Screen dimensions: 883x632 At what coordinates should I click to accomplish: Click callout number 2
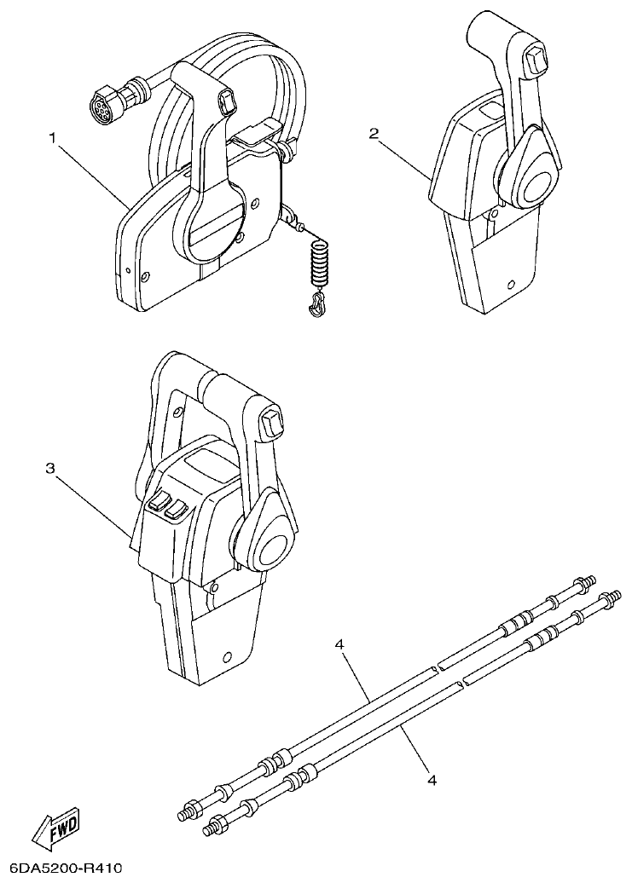[374, 133]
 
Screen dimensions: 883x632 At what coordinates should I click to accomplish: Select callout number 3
[50, 468]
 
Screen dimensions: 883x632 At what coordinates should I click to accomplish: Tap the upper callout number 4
[339, 645]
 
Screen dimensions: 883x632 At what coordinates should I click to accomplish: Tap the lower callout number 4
[432, 779]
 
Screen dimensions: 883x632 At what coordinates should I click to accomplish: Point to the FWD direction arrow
[55, 827]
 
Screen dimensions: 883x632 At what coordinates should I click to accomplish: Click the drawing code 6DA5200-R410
[61, 869]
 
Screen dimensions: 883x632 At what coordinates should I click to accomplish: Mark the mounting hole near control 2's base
[510, 285]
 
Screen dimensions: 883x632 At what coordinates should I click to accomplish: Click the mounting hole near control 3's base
[227, 657]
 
